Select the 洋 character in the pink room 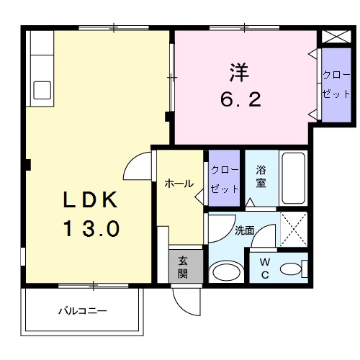click(240, 73)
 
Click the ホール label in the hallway click(179, 184)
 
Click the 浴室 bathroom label click(261, 177)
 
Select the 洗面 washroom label click(244, 230)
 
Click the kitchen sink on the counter click(41, 90)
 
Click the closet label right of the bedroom click(333, 85)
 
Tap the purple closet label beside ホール click(224, 177)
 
